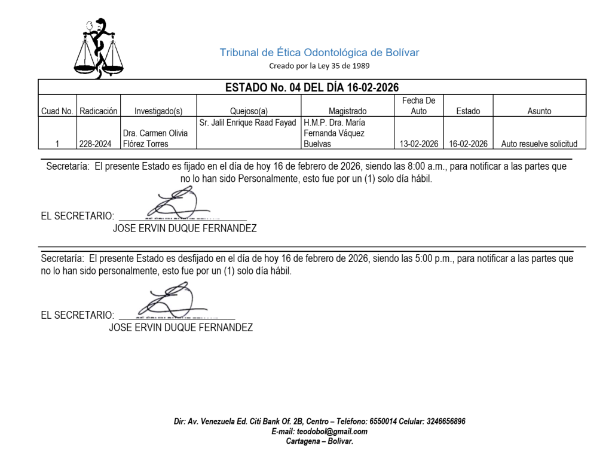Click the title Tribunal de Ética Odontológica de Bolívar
319,53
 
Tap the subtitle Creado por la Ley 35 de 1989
319,66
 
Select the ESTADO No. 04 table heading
311,88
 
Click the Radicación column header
99,111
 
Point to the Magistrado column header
347,111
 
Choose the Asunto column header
539,111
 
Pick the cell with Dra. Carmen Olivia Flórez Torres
155,139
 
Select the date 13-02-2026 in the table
419,144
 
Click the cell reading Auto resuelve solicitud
539,144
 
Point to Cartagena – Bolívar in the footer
320,441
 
